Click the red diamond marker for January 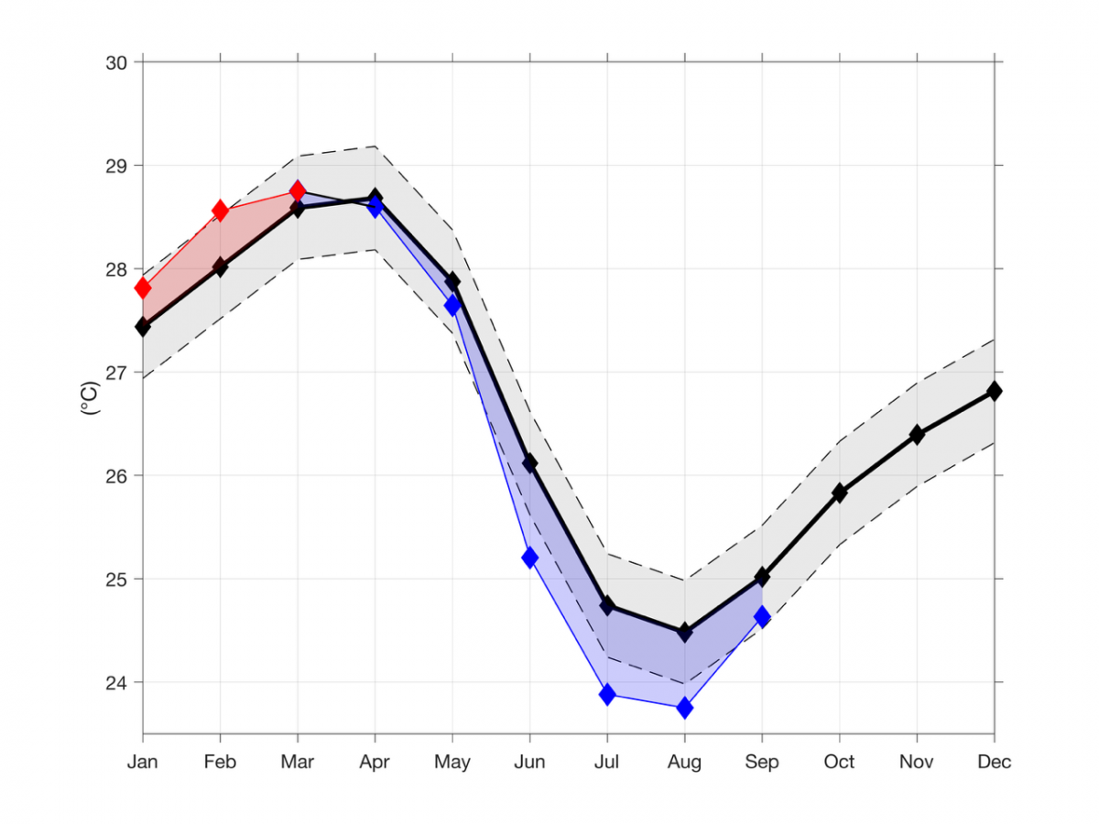point(143,288)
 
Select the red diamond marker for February point(220,211)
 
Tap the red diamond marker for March point(298,190)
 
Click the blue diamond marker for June point(529,558)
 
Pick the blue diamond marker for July point(607,694)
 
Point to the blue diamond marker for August point(684,708)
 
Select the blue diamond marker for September point(762,616)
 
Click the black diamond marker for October point(839,493)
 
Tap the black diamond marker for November point(917,435)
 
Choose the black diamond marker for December point(994,391)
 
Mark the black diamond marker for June point(529,463)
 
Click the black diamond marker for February point(220,267)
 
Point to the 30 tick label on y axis point(118,62)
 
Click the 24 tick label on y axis point(118,682)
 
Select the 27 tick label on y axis point(118,373)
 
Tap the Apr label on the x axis point(375,762)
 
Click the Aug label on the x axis point(684,762)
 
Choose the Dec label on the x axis point(994,762)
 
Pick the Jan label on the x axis point(143,762)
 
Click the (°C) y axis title point(91,398)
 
